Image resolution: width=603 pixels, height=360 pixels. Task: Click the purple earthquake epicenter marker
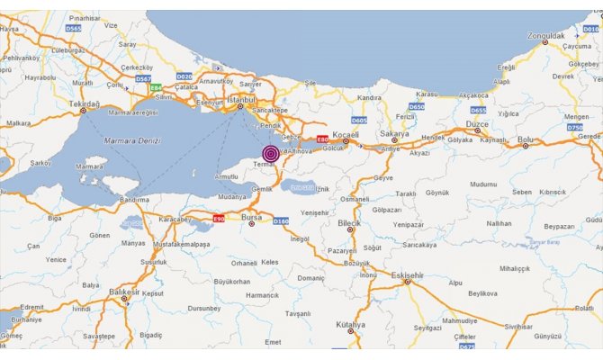270,153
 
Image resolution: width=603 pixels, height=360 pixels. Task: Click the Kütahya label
352,324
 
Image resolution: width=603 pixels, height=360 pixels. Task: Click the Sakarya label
394,133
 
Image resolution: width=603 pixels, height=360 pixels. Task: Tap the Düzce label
477,125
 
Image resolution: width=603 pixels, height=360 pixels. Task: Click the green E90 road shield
219,218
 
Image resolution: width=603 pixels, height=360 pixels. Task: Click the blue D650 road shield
416,106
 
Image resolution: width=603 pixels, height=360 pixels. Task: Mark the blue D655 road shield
478,110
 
